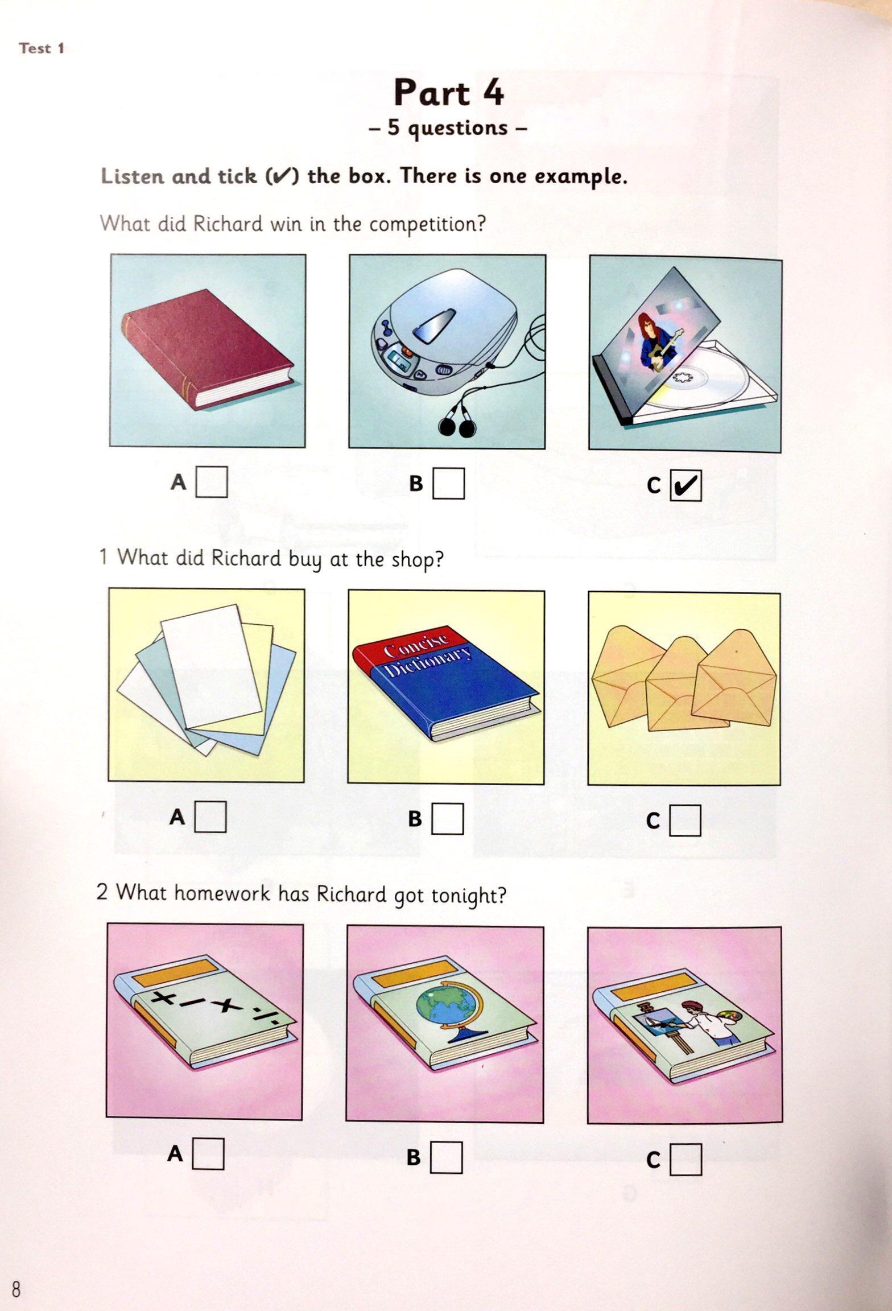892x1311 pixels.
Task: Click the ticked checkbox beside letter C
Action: [686, 485]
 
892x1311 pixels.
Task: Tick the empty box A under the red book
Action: [212, 482]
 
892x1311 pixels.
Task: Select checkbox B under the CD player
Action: [448, 484]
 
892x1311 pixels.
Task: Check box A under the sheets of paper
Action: [210, 817]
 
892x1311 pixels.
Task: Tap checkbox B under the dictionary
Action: [447, 819]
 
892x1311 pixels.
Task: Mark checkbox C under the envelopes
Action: [685, 821]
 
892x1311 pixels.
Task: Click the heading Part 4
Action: [449, 93]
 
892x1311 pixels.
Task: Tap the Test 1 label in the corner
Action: [42, 48]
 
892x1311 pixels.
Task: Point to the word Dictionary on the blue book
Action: [428, 662]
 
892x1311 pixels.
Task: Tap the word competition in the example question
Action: [427, 224]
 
